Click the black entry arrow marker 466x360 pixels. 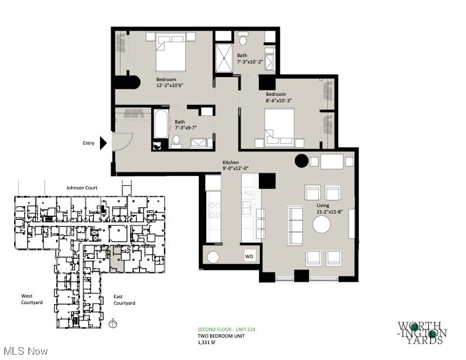(103, 142)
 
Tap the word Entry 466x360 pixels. (88, 142)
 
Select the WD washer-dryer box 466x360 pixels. (249, 256)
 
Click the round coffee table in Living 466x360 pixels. (321, 225)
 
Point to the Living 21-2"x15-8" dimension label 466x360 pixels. (327, 209)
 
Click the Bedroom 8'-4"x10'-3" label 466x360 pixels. (279, 98)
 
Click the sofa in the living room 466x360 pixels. (295, 225)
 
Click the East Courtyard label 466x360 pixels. (124, 300)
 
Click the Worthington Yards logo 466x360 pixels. (422, 334)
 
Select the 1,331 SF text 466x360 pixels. (208, 341)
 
